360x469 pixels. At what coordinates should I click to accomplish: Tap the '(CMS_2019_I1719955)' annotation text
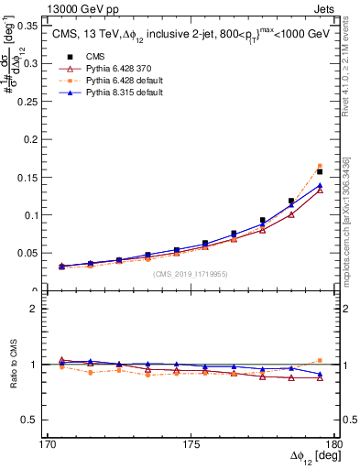coord(190,273)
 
